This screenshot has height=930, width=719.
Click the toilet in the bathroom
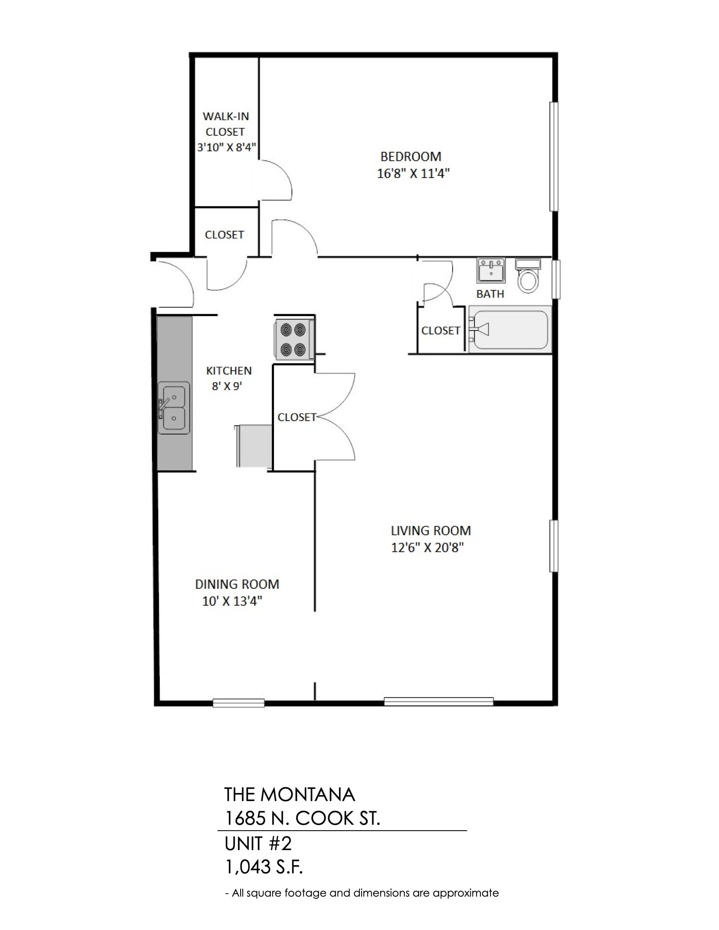pos(528,276)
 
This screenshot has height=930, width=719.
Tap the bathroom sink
pos(491,270)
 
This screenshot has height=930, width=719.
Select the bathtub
pos(510,329)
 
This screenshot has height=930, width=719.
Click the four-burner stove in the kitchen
pos(294,339)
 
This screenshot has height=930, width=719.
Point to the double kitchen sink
pos(174,408)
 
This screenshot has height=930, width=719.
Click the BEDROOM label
pos(411,157)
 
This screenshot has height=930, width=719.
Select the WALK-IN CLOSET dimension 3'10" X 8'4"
pos(227,148)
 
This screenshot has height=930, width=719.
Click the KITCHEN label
pos(229,370)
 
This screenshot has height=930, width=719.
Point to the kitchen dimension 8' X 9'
pos(227,387)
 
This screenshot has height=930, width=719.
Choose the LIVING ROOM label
pos(431,531)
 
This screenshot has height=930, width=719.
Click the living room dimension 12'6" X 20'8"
pos(427,547)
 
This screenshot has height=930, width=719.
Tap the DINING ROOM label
pos(237,584)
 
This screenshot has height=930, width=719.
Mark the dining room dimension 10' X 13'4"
pos(232,601)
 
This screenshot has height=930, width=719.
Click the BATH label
pos(490,294)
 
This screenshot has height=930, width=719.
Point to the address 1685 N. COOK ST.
pos(302,818)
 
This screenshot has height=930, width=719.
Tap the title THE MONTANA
pos(290,795)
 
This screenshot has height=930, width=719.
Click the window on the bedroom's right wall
pos(554,156)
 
